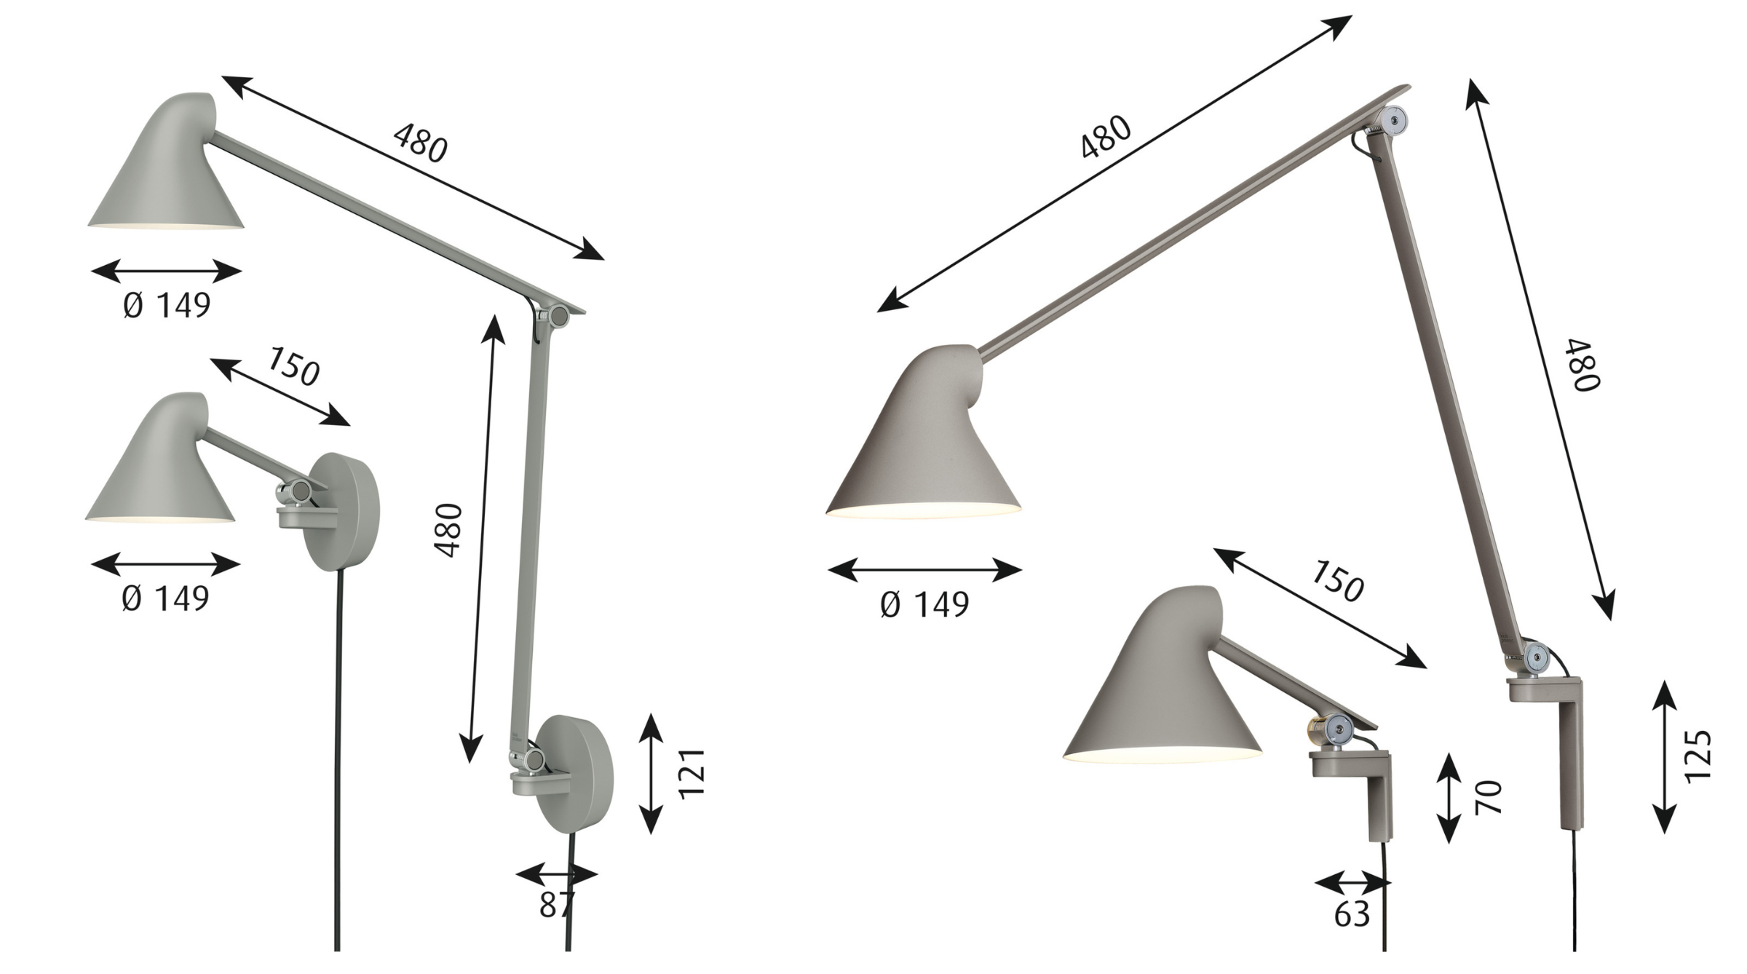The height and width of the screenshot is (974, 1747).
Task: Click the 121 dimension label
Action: point(693,773)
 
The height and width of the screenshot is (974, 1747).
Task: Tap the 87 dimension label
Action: point(557,905)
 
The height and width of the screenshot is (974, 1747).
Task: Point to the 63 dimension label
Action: point(1352,915)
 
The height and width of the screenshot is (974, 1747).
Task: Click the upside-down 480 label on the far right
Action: point(1587,365)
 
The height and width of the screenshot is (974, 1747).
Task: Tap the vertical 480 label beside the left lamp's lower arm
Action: point(449,530)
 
